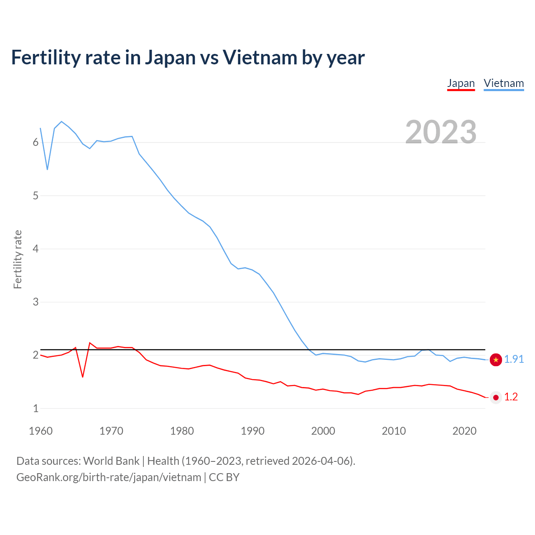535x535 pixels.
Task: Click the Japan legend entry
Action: [461, 83]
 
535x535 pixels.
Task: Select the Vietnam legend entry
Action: [504, 83]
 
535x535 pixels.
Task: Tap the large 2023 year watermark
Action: [441, 132]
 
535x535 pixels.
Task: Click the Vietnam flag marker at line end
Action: [496, 359]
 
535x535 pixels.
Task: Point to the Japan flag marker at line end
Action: [496, 397]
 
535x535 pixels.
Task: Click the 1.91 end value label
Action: [514, 359]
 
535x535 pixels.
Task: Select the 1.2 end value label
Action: [511, 397]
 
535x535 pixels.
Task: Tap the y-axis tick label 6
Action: [36, 143]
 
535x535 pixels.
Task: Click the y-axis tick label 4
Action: [36, 249]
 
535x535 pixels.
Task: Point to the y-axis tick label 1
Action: [36, 409]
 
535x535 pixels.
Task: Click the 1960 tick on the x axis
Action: [41, 431]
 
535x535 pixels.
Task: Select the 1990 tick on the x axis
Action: [252, 431]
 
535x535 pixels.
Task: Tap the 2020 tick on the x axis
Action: [464, 431]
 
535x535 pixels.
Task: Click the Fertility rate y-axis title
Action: [18, 259]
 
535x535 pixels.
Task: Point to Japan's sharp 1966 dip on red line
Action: [83, 377]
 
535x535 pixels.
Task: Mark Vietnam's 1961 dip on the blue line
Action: [47, 169]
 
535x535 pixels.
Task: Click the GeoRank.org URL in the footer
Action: [109, 477]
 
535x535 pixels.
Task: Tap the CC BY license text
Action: [224, 477]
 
